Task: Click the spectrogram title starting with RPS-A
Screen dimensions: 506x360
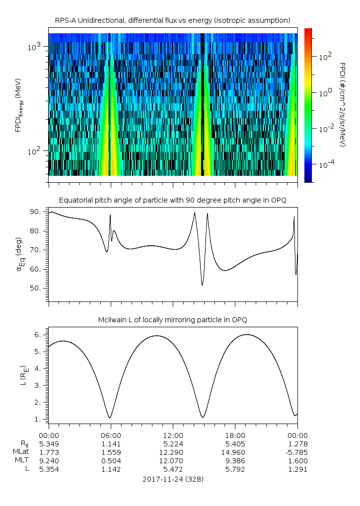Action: (x=172, y=20)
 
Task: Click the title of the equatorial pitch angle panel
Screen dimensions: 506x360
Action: (x=172, y=200)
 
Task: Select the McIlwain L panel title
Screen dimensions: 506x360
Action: (x=172, y=320)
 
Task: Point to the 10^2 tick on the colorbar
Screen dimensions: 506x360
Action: (x=325, y=57)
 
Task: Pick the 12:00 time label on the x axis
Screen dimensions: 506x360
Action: (x=172, y=435)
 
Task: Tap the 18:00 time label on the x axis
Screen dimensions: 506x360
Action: (x=235, y=435)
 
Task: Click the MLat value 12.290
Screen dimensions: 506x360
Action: (x=172, y=452)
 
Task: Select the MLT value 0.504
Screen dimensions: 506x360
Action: (x=110, y=460)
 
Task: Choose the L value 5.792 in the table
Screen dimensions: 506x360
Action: (x=235, y=469)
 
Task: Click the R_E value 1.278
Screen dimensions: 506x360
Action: (x=297, y=443)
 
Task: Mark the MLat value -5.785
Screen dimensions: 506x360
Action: (x=297, y=452)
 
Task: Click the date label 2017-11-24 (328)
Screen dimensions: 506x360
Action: (x=172, y=480)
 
